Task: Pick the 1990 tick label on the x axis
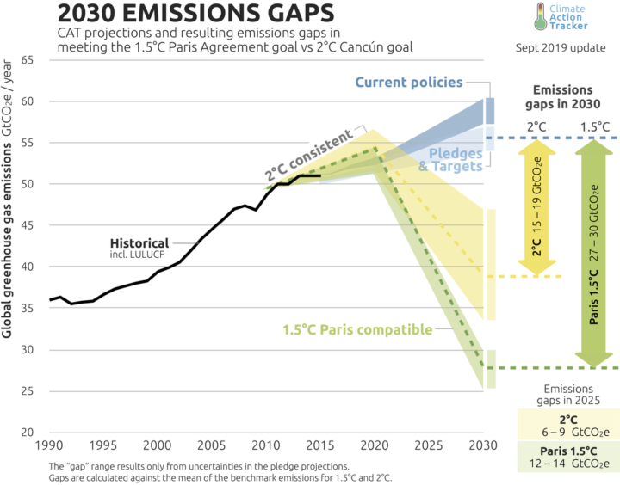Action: [x=49, y=447]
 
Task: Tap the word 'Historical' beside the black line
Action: [x=139, y=243]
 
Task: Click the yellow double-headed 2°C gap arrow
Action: [x=536, y=207]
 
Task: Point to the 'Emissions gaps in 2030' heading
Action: [x=563, y=96]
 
